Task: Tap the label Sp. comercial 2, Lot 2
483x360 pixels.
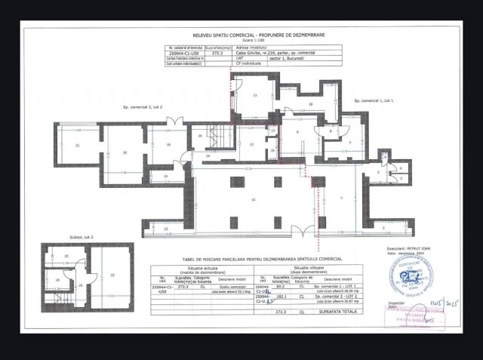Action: point(143,108)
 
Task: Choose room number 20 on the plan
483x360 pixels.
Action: point(125,152)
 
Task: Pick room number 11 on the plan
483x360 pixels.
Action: point(255,96)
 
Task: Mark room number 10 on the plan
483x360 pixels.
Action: point(254,198)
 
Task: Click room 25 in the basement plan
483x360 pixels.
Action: point(81,286)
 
